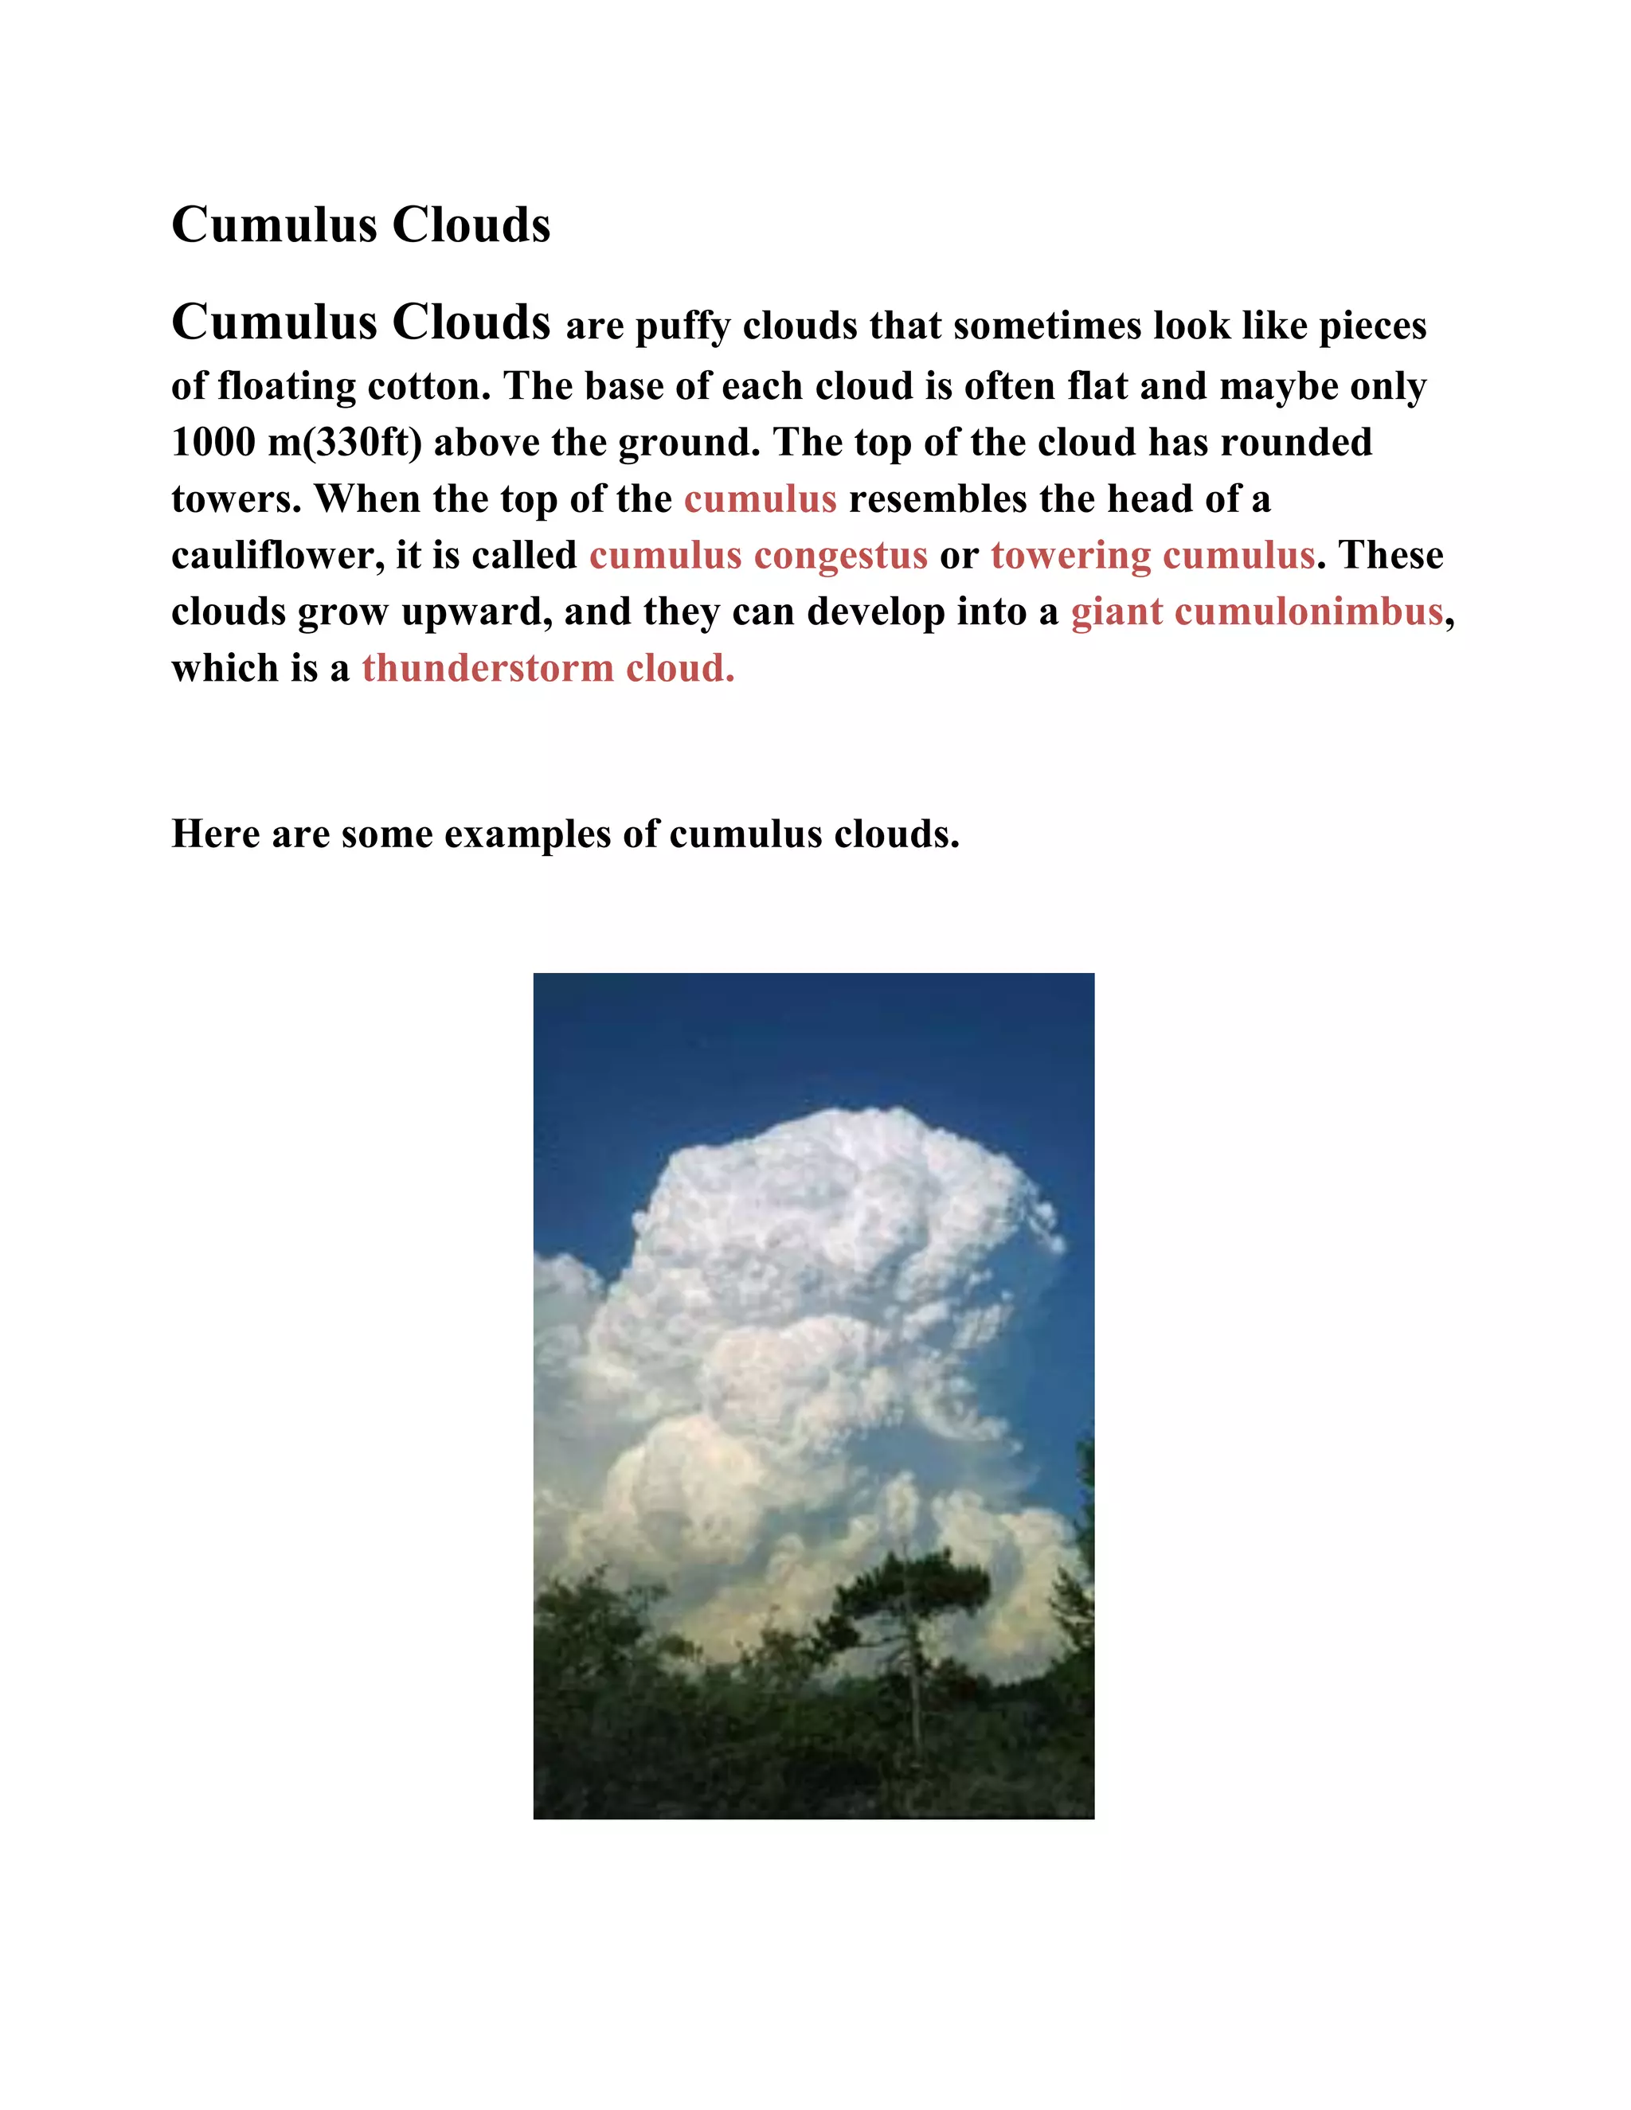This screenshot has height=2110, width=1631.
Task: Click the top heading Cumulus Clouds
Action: [361, 225]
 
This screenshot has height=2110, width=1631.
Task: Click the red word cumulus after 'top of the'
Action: [760, 499]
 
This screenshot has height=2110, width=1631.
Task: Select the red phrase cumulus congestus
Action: [757, 556]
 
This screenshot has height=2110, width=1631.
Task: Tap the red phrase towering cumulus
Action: [1152, 556]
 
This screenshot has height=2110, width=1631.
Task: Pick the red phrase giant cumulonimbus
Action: [1256, 612]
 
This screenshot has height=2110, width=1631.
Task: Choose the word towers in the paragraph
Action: [235, 499]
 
